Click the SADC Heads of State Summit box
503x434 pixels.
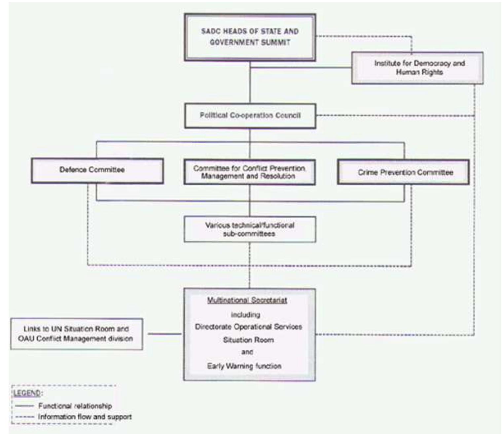250,37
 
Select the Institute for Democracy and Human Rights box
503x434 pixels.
417,68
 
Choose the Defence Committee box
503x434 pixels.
97,170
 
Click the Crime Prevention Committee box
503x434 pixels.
403,172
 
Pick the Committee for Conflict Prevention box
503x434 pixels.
249,172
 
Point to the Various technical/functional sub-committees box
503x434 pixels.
250,230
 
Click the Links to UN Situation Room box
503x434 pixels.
77,334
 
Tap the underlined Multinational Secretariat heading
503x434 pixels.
247,300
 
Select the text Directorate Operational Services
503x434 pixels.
248,327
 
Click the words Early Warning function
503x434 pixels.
244,366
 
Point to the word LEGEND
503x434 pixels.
27,393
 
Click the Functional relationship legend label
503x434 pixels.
75,406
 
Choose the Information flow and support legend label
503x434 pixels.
85,417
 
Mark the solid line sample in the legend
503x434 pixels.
25,406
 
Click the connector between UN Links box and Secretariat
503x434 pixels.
164,334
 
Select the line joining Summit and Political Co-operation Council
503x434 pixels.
250,83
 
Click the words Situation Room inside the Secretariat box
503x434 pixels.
248,340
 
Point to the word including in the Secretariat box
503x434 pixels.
245,314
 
